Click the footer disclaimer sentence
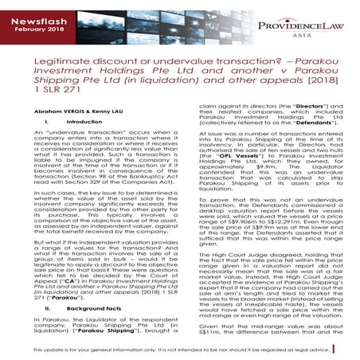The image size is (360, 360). [180, 350]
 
